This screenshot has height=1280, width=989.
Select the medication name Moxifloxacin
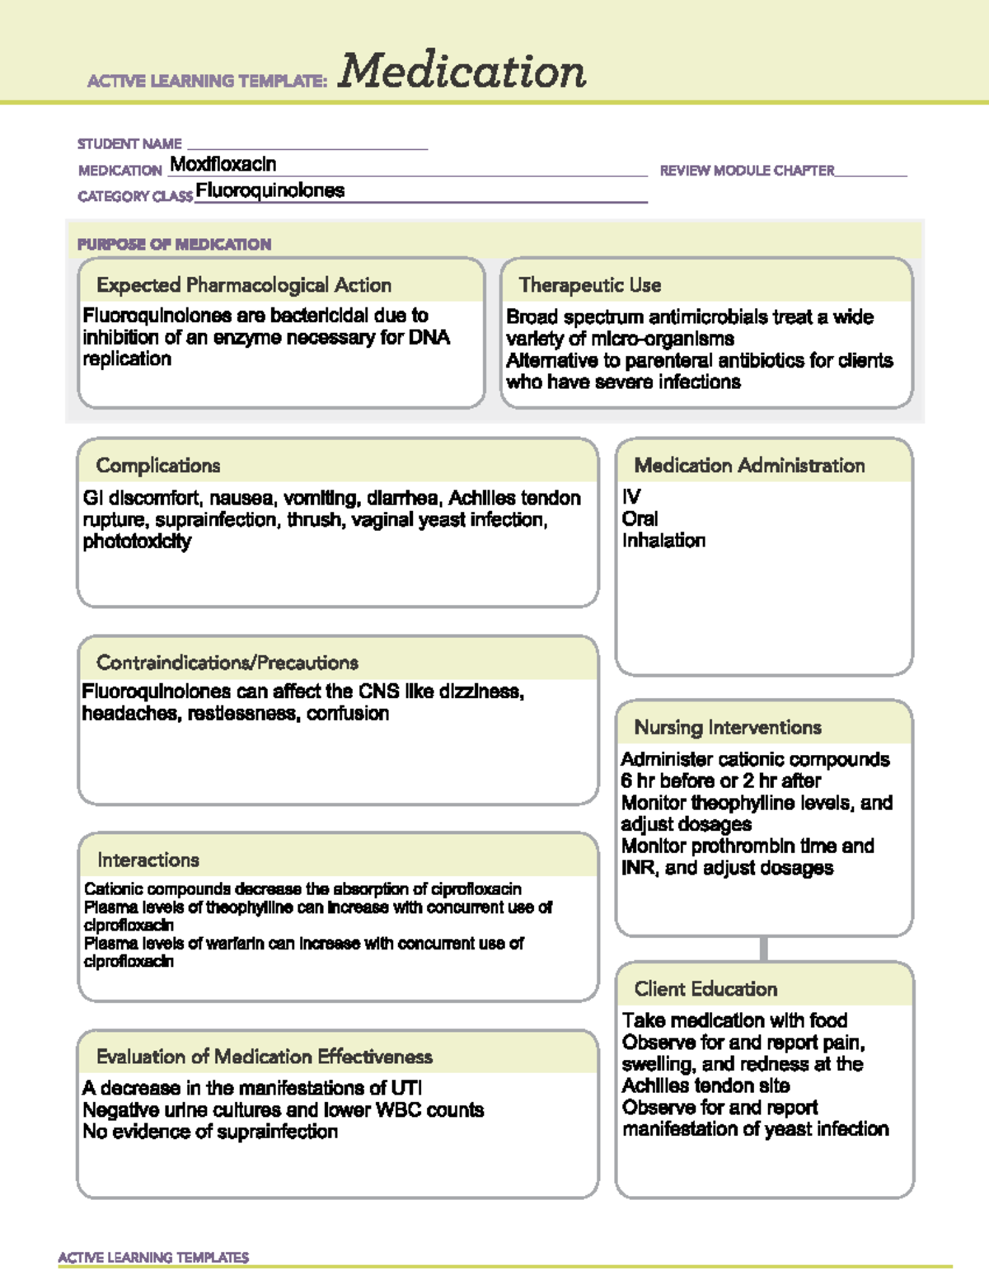click(223, 164)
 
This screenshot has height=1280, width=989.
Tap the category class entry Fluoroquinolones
click(270, 190)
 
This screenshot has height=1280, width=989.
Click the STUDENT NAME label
click(129, 143)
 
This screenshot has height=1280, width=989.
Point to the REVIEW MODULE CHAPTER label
click(747, 171)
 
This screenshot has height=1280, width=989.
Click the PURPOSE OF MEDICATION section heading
click(174, 244)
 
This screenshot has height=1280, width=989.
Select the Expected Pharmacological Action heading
click(244, 285)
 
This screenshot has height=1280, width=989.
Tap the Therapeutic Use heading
click(590, 285)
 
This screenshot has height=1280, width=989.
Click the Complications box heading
click(158, 466)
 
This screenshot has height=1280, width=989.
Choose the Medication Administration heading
click(749, 466)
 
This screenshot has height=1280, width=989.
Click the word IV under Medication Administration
click(631, 497)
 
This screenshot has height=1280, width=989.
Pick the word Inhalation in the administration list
click(663, 541)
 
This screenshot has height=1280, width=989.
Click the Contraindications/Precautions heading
click(227, 663)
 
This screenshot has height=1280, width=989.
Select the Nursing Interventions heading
click(728, 728)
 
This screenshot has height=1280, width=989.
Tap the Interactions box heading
click(148, 860)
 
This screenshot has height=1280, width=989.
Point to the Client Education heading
click(705, 989)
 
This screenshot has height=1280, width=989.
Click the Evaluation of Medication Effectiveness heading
click(265, 1057)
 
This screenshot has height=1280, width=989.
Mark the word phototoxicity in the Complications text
click(137, 542)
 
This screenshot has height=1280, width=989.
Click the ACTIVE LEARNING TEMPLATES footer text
click(153, 1257)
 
